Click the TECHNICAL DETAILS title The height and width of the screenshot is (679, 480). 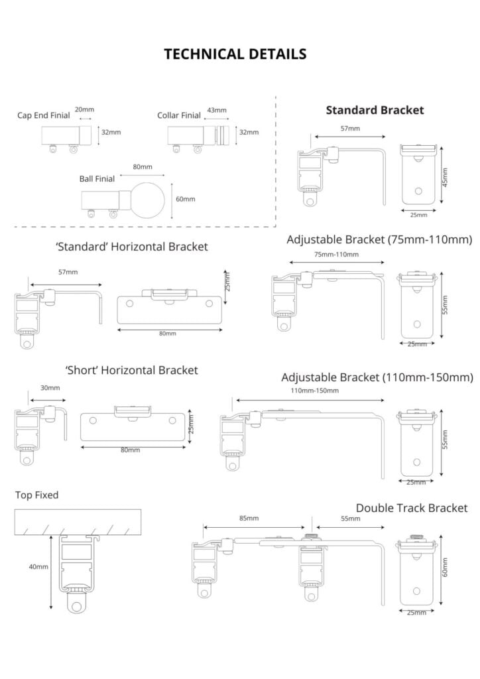tap(235, 54)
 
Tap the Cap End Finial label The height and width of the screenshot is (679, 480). tap(44, 115)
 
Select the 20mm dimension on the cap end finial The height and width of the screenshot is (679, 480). tap(84, 109)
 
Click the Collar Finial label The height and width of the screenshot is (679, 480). tap(179, 115)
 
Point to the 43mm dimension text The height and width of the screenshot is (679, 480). tap(217, 110)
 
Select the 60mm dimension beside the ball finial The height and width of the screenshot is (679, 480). tap(185, 199)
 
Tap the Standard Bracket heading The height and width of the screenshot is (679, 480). tap(375, 110)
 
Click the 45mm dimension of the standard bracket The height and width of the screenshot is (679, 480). tap(445, 176)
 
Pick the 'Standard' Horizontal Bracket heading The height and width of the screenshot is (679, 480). tap(132, 247)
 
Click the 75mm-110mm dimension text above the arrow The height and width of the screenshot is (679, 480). tap(336, 254)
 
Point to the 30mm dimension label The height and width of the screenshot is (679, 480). tap(50, 388)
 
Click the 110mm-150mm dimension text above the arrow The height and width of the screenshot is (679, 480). tap(314, 391)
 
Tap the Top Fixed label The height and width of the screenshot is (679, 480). tap(37, 495)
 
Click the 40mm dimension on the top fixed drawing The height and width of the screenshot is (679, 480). tap(38, 567)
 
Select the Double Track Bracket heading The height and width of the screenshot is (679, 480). tap(411, 508)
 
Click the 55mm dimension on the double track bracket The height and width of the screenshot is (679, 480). tap(351, 519)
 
